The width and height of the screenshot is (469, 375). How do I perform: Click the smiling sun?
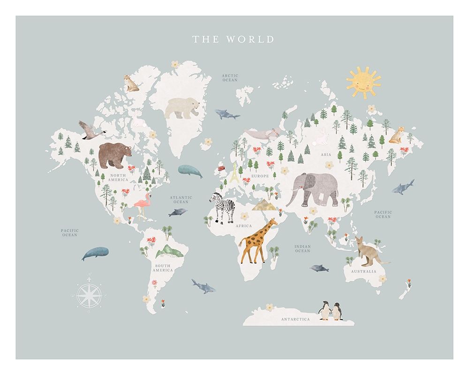point(363,83)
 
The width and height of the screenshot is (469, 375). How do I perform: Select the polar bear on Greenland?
point(182,108)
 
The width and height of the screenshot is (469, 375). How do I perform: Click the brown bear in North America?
point(114,155)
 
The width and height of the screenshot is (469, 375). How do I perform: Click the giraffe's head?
point(271,223)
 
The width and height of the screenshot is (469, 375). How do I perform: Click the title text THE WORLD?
point(233,39)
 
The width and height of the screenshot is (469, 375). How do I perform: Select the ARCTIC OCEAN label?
point(230,78)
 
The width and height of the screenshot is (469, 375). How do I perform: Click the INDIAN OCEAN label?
point(303,248)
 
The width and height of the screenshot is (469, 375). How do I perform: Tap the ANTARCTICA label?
point(295,319)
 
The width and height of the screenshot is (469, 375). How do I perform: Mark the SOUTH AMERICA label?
point(163,268)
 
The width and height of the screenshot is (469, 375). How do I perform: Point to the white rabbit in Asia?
point(321,137)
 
